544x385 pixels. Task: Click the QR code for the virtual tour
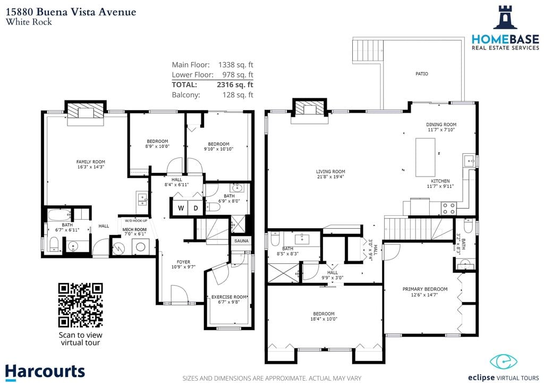click(x=81, y=305)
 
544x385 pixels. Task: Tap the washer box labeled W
click(x=180, y=207)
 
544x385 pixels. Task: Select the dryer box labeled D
click(x=195, y=207)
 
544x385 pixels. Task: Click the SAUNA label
click(x=242, y=240)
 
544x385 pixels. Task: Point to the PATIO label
click(x=421, y=73)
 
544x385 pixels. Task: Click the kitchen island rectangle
click(x=426, y=157)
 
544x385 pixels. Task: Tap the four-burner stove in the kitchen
click(x=448, y=208)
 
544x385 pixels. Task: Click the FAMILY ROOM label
click(x=90, y=162)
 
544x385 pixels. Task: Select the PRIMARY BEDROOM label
click(x=424, y=289)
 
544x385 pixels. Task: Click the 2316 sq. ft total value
click(x=235, y=85)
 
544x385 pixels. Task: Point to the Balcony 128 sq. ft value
click(x=237, y=95)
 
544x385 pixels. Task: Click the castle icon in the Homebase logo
click(x=505, y=17)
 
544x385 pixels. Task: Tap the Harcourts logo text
click(x=45, y=372)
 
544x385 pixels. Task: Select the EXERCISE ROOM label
click(x=229, y=297)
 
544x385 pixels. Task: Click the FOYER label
click(x=183, y=262)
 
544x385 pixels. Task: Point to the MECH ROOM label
click(x=134, y=230)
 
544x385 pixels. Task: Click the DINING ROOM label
click(x=441, y=124)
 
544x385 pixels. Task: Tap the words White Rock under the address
click(x=29, y=22)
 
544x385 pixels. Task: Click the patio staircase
click(x=368, y=51)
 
